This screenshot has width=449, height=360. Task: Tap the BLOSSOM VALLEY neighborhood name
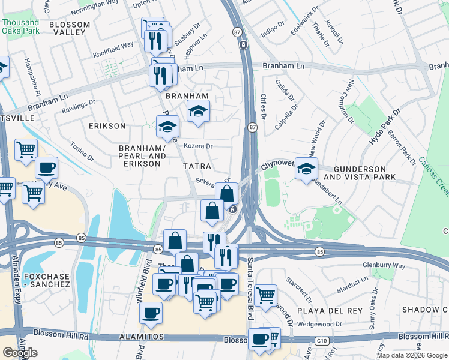[x=70, y=28]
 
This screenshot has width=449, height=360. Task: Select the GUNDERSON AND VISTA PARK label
[x=360, y=173]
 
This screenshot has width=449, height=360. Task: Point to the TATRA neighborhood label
[x=197, y=166]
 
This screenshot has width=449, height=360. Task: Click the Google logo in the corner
[x=20, y=353]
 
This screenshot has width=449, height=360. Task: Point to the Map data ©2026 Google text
[x=412, y=355]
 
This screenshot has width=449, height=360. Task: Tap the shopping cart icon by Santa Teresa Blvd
[x=265, y=295]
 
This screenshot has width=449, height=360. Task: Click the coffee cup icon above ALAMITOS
[x=151, y=312]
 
